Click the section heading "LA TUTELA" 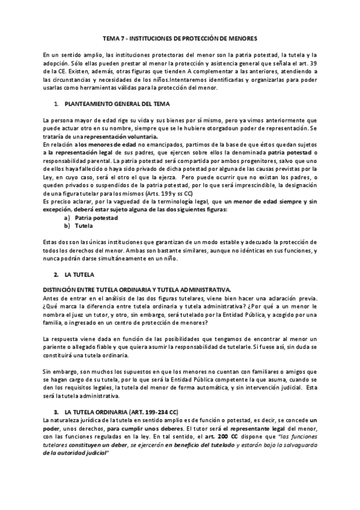click(x=79, y=274)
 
